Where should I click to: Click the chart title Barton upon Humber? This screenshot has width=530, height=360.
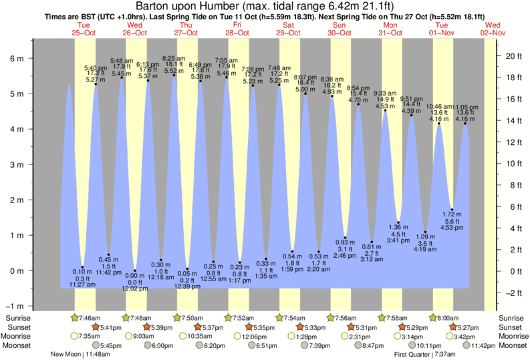(x=265, y=6)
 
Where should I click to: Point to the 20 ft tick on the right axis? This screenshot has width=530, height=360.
(x=512, y=55)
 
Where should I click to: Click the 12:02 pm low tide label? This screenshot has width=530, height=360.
(x=135, y=289)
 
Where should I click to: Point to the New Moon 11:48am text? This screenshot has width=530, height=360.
(x=82, y=355)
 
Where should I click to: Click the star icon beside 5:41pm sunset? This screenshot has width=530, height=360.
(x=96, y=327)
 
